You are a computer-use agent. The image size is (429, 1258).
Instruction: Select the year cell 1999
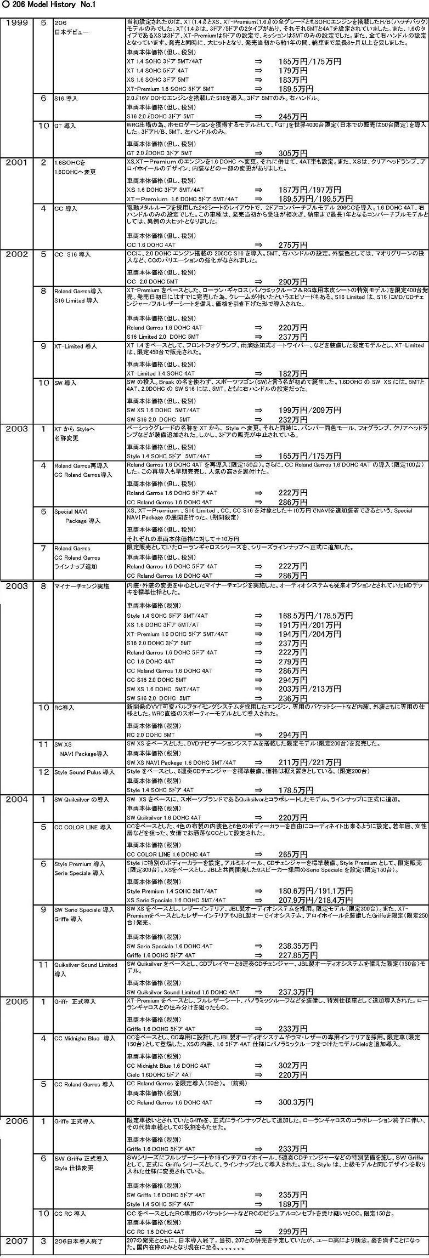(19, 22)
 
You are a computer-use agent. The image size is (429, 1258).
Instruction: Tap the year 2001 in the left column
(19, 162)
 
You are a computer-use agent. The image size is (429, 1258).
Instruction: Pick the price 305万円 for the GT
(292, 153)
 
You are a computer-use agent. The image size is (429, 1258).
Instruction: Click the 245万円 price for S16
(292, 116)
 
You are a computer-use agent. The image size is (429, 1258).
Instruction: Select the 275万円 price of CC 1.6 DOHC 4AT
(292, 244)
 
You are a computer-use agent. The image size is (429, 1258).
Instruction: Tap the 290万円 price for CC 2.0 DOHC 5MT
(292, 281)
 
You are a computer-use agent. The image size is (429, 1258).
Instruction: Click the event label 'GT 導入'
(65, 126)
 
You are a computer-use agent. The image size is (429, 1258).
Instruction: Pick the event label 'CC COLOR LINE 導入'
(83, 827)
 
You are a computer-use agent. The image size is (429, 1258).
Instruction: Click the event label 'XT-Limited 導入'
(76, 346)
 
